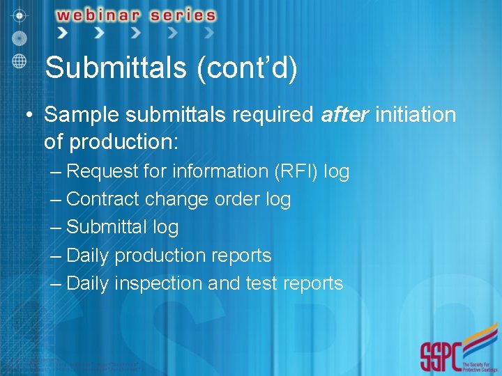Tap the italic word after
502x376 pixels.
pyautogui.click(x=344, y=114)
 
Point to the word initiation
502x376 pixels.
pyautogui.click(x=416, y=114)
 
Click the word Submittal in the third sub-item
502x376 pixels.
pyautogui.click(x=105, y=227)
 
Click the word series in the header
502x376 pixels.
pyautogui.click(x=183, y=15)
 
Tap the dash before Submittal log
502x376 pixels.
pyautogui.click(x=56, y=228)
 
